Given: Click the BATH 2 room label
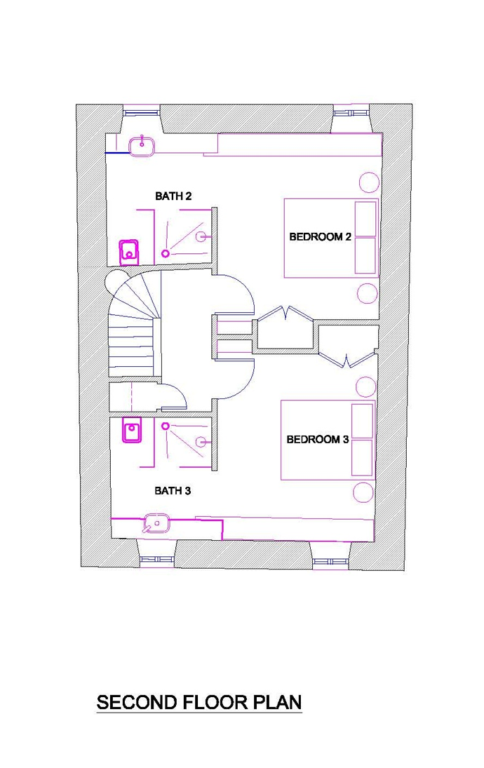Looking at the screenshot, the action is [x=173, y=196].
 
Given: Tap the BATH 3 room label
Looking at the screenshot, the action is [x=173, y=491].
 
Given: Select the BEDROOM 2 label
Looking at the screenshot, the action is [x=320, y=237].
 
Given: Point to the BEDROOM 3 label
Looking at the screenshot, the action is [x=318, y=439].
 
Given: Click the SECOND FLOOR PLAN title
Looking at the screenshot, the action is [x=199, y=702].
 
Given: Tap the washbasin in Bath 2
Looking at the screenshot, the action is [x=142, y=146].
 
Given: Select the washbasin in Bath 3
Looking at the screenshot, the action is [x=156, y=524].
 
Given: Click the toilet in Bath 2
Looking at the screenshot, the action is [x=129, y=252].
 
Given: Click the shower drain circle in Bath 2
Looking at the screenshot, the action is [x=166, y=253].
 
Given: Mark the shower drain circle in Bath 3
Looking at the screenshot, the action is [x=166, y=426].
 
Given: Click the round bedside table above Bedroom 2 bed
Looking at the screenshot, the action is [x=370, y=182].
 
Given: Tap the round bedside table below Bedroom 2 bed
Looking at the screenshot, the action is [x=368, y=294].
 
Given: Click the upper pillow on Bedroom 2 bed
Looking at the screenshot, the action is [x=365, y=219].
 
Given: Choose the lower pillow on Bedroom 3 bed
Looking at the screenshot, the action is [x=363, y=457].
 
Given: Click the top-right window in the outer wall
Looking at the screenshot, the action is [x=351, y=113].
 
